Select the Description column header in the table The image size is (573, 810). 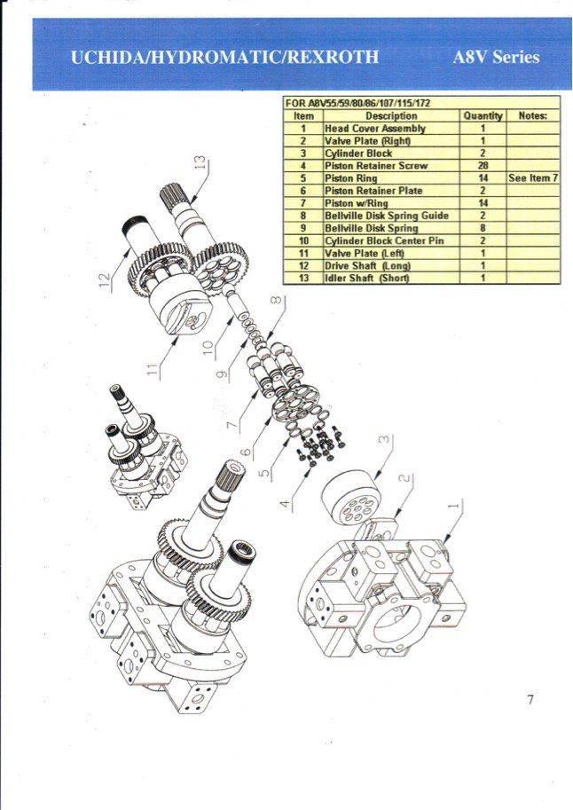tap(391, 115)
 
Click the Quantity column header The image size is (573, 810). tap(483, 115)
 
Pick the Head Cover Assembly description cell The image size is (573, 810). tap(375, 128)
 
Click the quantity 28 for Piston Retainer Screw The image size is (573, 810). tap(483, 165)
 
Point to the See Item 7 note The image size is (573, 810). tap(532, 177)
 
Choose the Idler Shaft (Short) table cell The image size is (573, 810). tap(366, 278)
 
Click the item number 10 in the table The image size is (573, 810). tap(302, 240)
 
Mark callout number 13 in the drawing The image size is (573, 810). tap(202, 162)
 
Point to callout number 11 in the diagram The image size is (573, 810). tap(152, 366)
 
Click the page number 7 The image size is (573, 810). tap(530, 700)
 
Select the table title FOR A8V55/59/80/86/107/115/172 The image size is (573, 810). tap(357, 103)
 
